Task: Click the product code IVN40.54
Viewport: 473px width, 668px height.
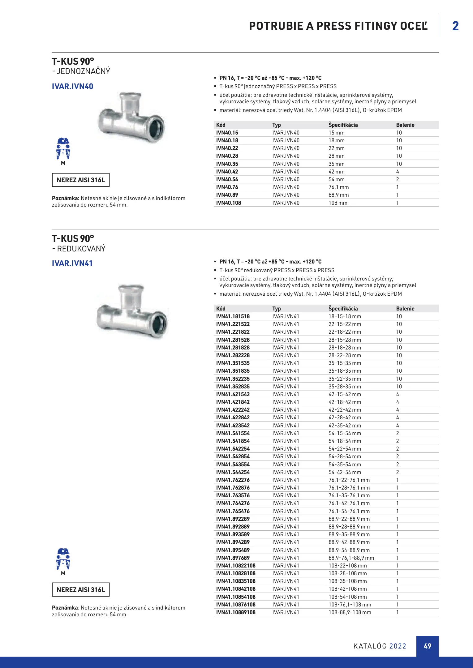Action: click(227, 179)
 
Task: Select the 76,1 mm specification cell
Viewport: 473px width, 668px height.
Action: click(338, 187)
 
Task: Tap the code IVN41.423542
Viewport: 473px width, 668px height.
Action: click(233, 426)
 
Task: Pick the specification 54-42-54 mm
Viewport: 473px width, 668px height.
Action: click(345, 472)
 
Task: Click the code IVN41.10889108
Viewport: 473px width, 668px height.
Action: click(236, 612)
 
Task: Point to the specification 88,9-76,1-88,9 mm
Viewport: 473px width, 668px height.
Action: click(351, 558)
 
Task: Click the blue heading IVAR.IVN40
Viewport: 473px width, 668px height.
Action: click(72, 86)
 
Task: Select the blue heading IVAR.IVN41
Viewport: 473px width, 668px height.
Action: click(72, 263)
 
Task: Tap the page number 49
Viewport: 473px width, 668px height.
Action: click(427, 646)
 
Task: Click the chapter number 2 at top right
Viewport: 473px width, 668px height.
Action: click(455, 26)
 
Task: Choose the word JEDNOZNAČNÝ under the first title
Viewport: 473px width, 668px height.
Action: click(83, 71)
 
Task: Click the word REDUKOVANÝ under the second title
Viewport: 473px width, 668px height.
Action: click(81, 249)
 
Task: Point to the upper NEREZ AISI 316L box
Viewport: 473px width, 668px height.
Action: click(81, 180)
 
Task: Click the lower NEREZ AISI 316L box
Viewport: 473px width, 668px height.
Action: click(81, 590)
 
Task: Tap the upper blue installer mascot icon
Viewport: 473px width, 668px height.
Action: click(63, 148)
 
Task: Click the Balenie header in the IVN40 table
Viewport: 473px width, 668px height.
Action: click(405, 125)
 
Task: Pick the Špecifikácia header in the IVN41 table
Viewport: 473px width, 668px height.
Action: click(343, 309)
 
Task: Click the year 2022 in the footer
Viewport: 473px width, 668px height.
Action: click(398, 646)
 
